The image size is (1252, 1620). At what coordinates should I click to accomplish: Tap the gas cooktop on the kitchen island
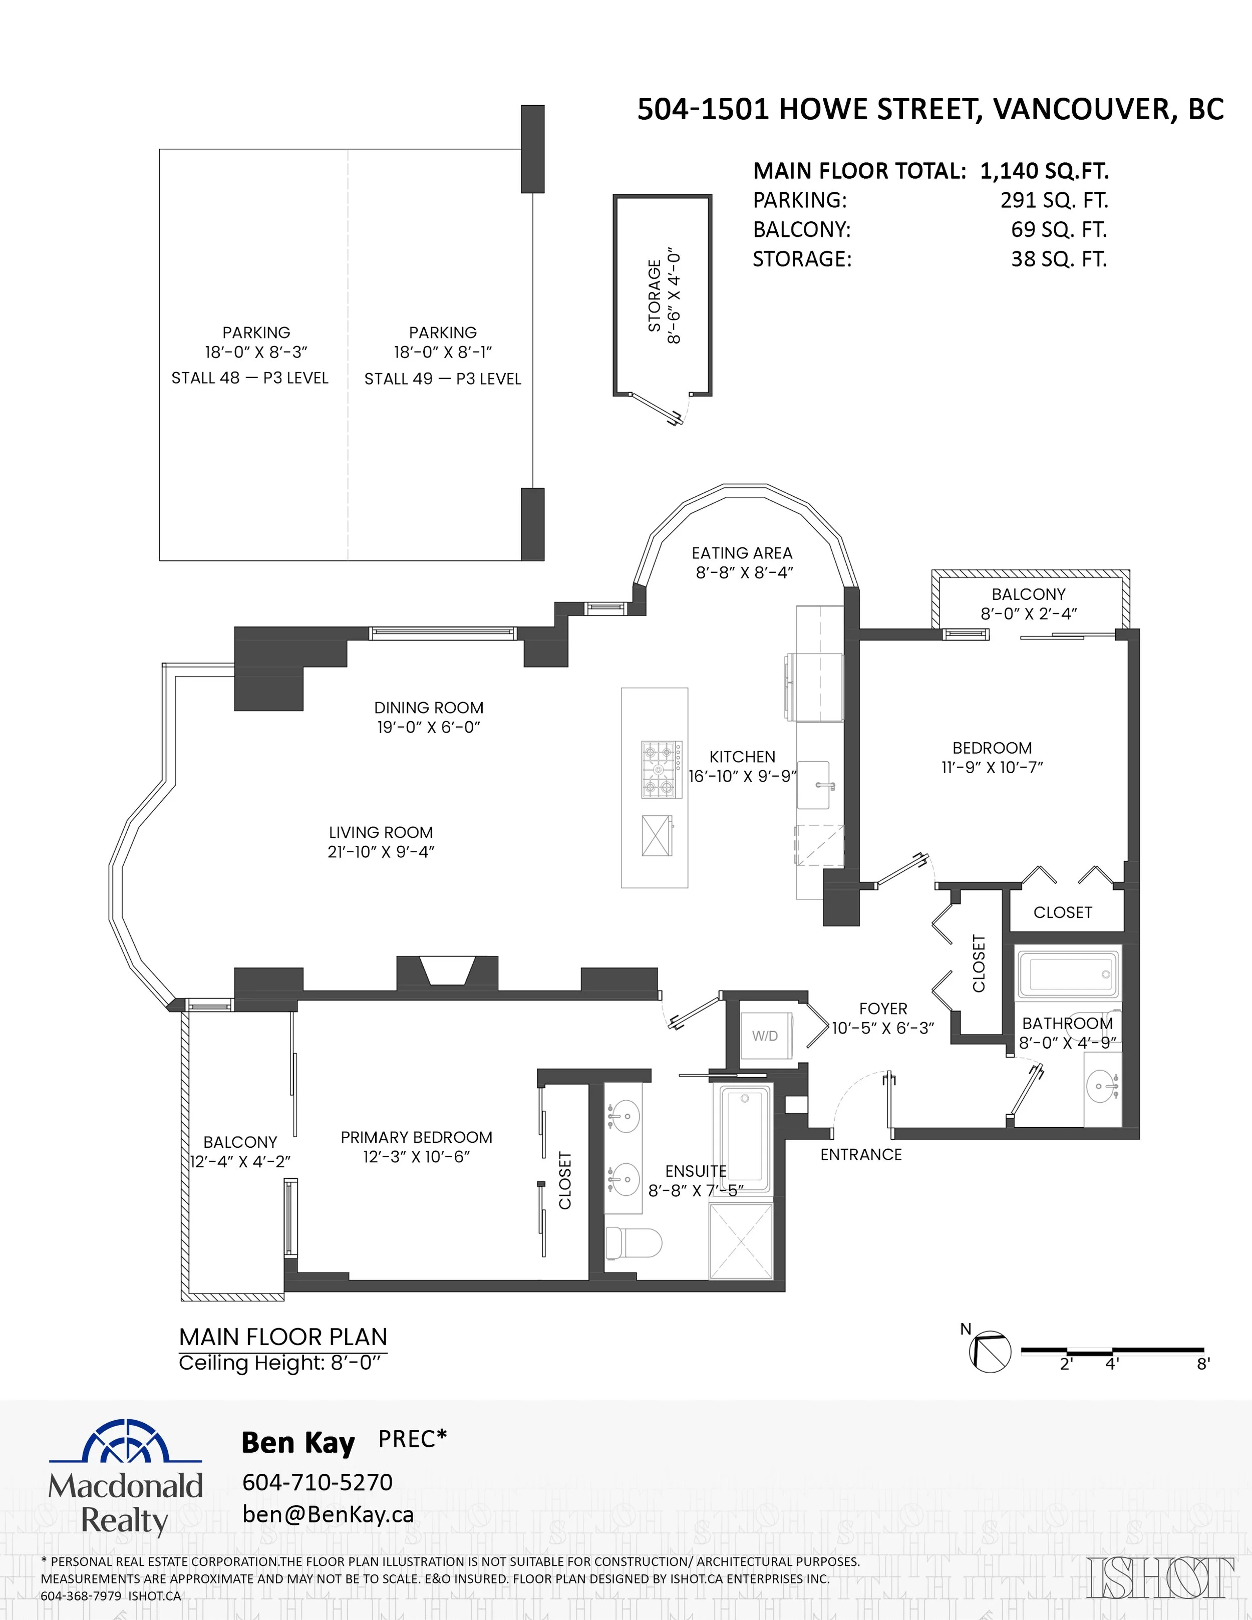662,769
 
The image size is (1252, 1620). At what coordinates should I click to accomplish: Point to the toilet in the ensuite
633,1242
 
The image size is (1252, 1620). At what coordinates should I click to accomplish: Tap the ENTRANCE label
861,1154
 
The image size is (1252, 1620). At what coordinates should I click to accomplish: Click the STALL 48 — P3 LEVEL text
250,378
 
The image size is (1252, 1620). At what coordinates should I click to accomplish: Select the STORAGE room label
654,295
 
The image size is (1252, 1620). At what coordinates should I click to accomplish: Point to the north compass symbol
990,1352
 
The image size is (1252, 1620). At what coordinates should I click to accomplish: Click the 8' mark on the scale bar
1203,1363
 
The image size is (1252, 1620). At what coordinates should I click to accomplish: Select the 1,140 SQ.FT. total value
1044,171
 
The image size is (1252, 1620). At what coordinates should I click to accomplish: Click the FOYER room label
882,1008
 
